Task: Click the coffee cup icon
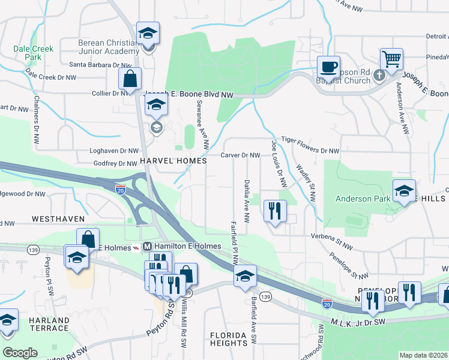tap(328, 66)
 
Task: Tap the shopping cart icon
tap(391, 59)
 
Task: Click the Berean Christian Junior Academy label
tap(108, 47)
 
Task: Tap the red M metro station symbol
tap(147, 247)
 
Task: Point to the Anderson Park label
tap(362, 199)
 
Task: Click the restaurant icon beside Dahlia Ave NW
tap(275, 210)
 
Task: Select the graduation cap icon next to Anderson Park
tap(404, 190)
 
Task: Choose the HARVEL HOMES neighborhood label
tap(173, 161)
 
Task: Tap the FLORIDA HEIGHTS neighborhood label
tap(229, 339)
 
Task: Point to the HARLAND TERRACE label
tap(49, 325)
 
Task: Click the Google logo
tap(20, 353)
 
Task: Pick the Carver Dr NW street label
tap(240, 155)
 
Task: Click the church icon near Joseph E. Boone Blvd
tap(379, 75)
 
